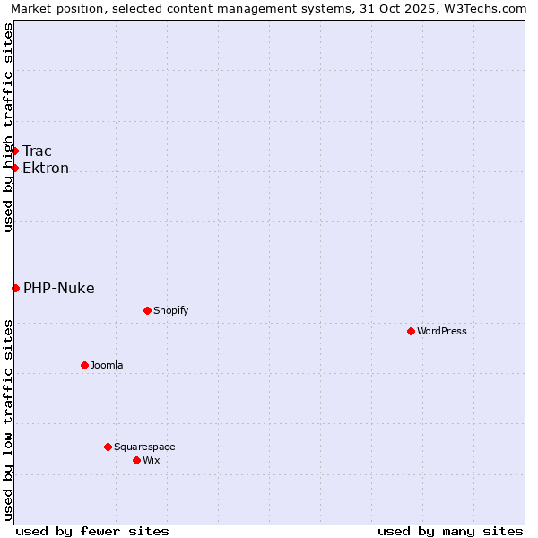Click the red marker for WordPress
[412, 331]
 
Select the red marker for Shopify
[148, 310]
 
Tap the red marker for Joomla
[85, 365]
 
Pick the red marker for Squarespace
[108, 447]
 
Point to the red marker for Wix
[137, 460]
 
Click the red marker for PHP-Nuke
[15, 288]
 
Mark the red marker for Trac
[15, 151]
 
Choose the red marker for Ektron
[15, 168]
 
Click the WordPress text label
[442, 331]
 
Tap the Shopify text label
[171, 310]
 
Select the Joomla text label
[107, 365]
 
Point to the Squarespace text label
[144, 447]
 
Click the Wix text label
[152, 460]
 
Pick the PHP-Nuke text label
[59, 288]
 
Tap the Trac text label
[38, 151]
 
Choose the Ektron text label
[46, 168]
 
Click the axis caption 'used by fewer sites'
[92, 531]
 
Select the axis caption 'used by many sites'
[450, 531]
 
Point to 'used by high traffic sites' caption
[8, 127]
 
